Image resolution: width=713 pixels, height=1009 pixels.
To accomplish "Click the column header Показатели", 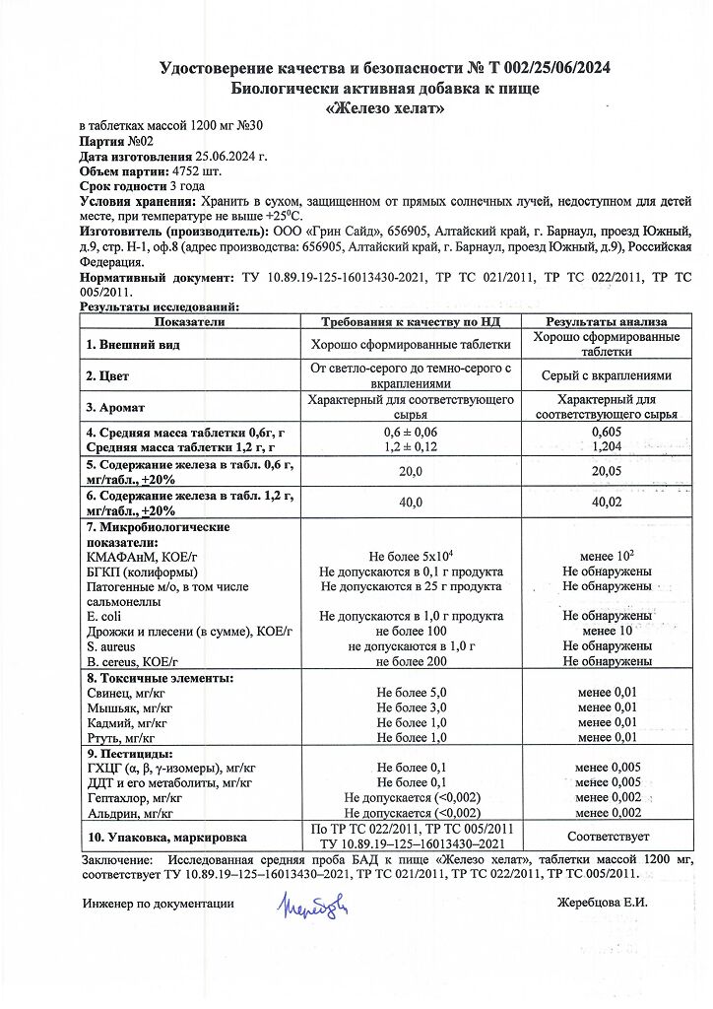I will (189, 322).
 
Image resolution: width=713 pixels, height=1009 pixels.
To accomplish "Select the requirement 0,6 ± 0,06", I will (410, 433).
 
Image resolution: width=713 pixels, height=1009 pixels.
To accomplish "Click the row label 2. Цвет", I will (107, 375).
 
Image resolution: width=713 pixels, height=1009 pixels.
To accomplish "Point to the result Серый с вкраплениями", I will (607, 375).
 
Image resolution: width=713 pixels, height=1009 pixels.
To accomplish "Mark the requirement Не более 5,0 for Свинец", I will (412, 693).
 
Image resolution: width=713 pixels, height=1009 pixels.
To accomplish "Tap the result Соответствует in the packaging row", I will (607, 836).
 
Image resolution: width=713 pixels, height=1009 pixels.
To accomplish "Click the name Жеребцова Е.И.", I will (602, 903).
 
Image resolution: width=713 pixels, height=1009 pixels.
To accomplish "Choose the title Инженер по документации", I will (159, 903).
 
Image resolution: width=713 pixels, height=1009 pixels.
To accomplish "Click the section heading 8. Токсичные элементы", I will (160, 679).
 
